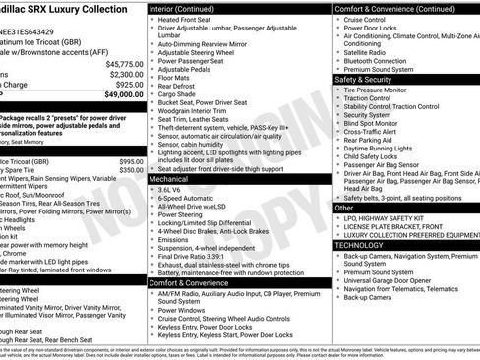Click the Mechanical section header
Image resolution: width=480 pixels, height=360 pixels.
[170, 180]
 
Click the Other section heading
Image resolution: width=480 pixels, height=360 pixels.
[344, 208]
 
